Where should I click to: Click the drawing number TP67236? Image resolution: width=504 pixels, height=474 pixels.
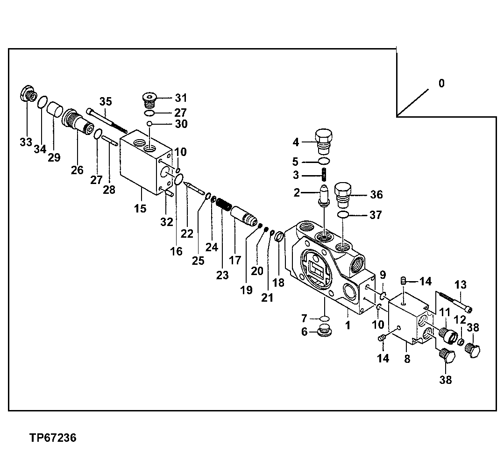(52, 438)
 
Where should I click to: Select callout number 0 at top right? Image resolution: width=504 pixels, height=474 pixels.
(441, 84)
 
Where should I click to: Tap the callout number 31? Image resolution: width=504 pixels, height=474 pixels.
(181, 98)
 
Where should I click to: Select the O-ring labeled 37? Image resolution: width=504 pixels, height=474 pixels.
(343, 214)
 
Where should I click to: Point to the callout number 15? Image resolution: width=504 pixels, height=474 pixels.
(140, 208)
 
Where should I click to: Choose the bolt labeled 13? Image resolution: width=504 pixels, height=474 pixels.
(455, 302)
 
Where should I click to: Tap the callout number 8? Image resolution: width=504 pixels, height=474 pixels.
(407, 359)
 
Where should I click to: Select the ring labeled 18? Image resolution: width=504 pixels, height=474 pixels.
(279, 237)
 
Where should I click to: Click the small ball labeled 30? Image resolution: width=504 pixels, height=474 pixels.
(149, 124)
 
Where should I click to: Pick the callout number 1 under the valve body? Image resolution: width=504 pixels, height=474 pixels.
(348, 325)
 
